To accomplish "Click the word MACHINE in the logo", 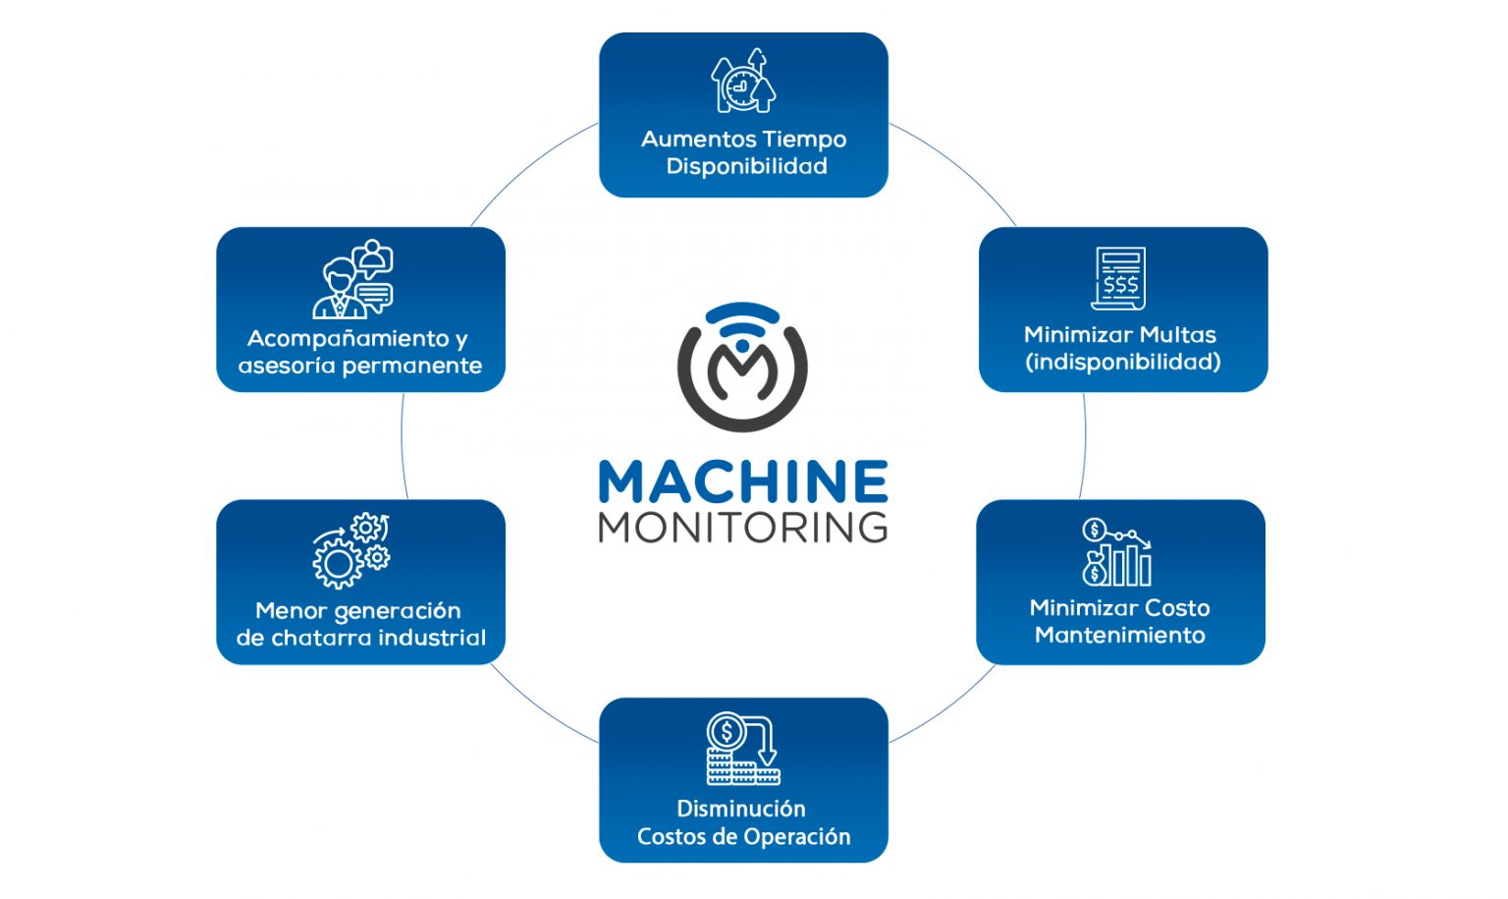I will point(743,481).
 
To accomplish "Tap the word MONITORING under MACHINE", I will point(743,528).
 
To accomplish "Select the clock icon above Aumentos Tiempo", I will point(743,82).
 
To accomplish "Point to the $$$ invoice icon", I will point(1119,279).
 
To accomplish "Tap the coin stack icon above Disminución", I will point(742,749).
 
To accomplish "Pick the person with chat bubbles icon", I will point(353,280).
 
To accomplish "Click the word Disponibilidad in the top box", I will point(746,166).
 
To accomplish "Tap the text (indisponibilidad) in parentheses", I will point(1122,362).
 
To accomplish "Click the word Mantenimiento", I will point(1119,635).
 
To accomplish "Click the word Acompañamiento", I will point(348,339).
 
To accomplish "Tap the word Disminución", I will point(741,809).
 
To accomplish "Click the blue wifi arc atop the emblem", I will point(742,313).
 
